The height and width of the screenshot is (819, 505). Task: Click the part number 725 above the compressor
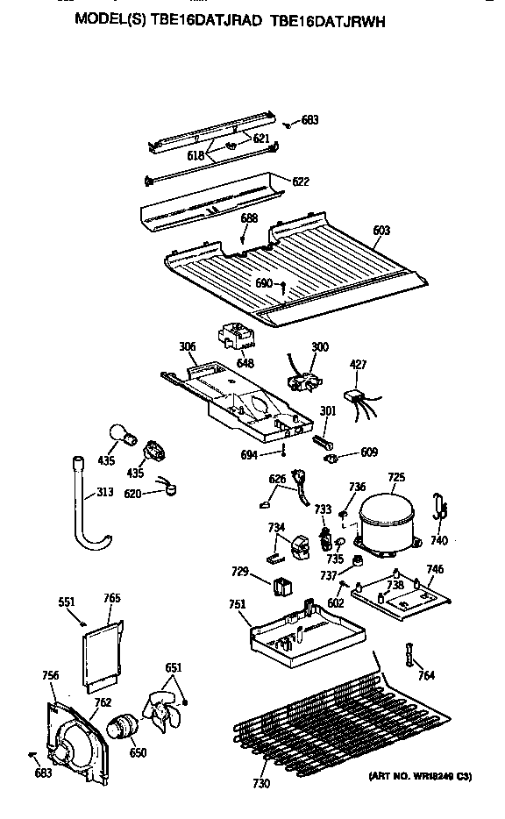396,477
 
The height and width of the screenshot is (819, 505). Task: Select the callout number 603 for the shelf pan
381,231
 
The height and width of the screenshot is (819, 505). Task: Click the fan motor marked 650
122,728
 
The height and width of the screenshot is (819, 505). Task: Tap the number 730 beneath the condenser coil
261,782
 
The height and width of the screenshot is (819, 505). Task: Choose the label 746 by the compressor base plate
435,570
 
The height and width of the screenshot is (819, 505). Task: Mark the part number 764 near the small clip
425,675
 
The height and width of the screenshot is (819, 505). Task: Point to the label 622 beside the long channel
301,182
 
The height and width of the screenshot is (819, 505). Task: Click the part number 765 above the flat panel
111,599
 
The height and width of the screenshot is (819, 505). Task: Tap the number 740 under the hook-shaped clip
438,541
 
